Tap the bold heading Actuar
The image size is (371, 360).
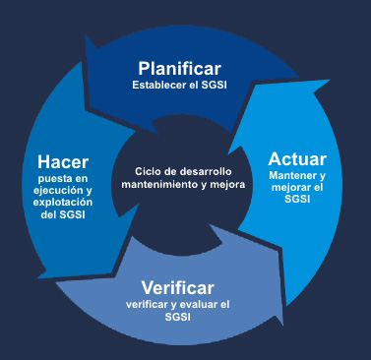296,158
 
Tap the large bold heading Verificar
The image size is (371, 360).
177,288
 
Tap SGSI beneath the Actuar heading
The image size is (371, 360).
296,201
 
